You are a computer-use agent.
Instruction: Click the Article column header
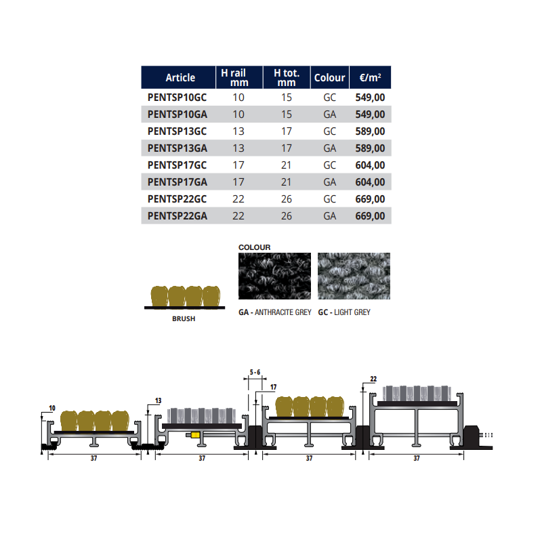click(180, 77)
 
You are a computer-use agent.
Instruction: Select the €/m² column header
click(370, 77)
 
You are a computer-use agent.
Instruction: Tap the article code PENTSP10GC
click(177, 98)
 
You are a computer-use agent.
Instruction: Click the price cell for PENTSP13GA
click(370, 148)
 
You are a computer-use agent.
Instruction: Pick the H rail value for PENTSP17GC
click(238, 165)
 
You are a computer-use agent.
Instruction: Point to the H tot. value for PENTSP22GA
click(286, 216)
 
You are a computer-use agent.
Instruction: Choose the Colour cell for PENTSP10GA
click(329, 114)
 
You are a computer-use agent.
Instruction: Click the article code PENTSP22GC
click(177, 199)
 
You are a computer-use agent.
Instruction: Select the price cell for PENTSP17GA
click(370, 182)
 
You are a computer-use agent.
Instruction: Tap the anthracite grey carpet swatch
click(274, 276)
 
